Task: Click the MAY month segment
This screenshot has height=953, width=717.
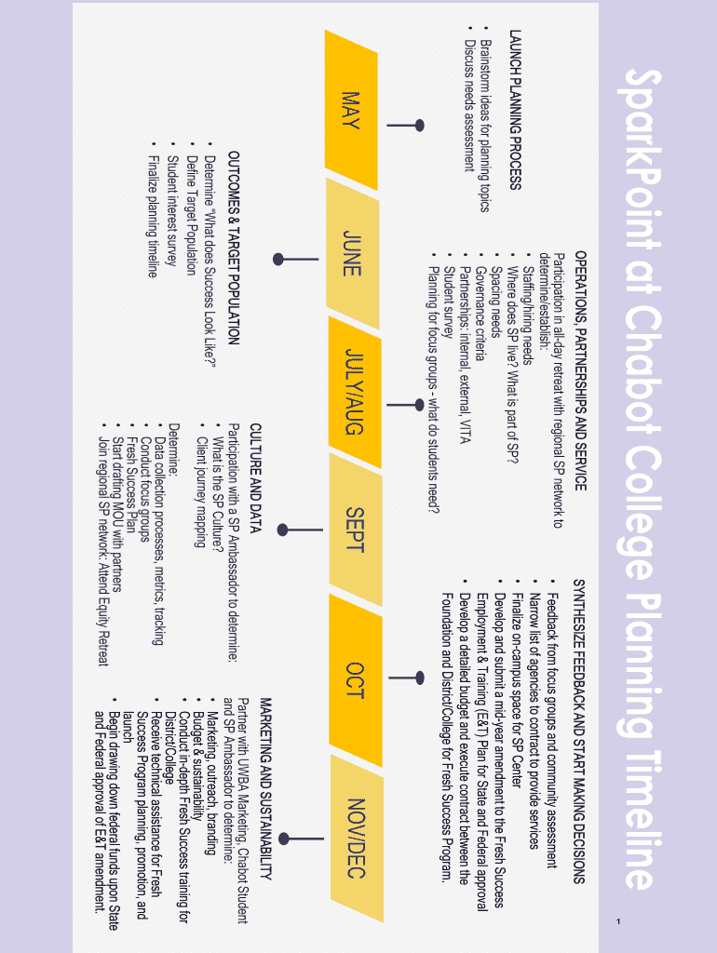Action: [x=352, y=110]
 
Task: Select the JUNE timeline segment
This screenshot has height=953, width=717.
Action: [x=352, y=252]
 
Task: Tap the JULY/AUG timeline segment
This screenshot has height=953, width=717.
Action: [x=354, y=391]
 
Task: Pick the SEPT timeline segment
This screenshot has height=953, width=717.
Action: [x=354, y=530]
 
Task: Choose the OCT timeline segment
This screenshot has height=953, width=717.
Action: [x=354, y=679]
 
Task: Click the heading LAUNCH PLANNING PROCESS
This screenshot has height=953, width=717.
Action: [x=514, y=110]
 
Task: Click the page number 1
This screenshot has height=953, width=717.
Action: [x=617, y=921]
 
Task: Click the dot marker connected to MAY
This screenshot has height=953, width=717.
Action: [x=420, y=125]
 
